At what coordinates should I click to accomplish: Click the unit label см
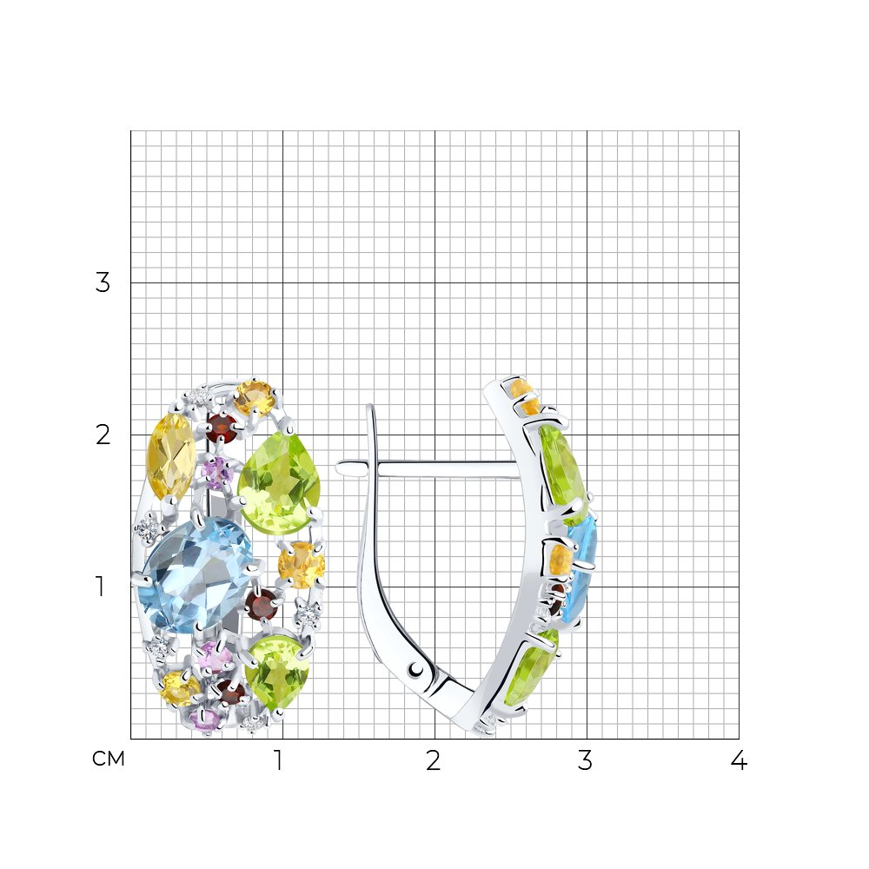[108, 758]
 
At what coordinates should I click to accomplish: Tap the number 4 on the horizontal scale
[739, 760]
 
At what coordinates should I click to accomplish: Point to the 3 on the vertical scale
[103, 282]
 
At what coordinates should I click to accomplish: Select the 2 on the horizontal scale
[434, 760]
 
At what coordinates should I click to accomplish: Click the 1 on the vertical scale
[100, 587]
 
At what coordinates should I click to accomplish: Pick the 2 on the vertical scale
[103, 435]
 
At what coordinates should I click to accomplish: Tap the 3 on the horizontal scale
[585, 760]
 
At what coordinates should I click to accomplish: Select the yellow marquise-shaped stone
[170, 457]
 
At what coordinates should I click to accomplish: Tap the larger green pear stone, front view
[280, 483]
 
